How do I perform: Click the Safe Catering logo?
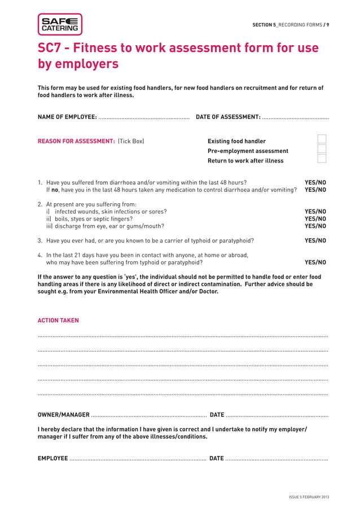pyautogui.click(x=60, y=24)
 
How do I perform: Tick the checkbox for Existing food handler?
pyautogui.click(x=322, y=139)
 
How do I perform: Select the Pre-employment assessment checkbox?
pyautogui.click(x=322, y=149)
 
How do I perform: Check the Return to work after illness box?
pyautogui.click(x=322, y=159)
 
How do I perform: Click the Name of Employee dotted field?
pyautogui.click(x=144, y=118)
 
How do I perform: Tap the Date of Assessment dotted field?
pyautogui.click(x=295, y=118)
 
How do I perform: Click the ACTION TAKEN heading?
pyautogui.click(x=58, y=321)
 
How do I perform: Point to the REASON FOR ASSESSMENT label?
pyautogui.click(x=76, y=141)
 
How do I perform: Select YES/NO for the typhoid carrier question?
pyautogui.click(x=315, y=240)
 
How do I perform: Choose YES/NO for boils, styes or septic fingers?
pyautogui.click(x=315, y=219)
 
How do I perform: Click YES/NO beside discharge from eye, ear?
pyautogui.click(x=315, y=226)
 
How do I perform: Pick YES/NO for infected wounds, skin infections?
pyautogui.click(x=315, y=212)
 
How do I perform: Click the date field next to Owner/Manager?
pyautogui.click(x=276, y=415)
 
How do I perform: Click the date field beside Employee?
pyautogui.click(x=276, y=459)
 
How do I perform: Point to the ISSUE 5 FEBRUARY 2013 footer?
pyautogui.click(x=309, y=497)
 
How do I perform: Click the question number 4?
pyautogui.click(x=39, y=255)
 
